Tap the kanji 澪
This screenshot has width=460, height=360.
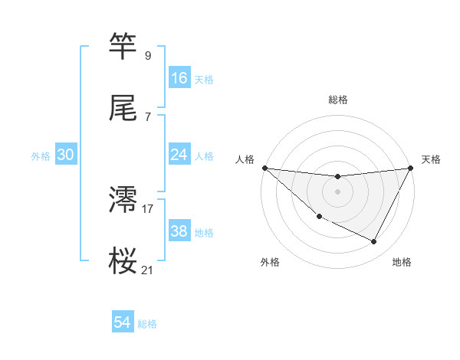123,199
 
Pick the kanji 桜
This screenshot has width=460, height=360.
123,260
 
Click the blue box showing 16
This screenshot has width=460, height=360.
179,77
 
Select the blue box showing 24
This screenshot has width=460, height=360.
179,155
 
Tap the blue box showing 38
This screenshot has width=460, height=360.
179,231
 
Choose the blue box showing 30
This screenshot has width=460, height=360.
66,155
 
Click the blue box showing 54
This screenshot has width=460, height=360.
122,323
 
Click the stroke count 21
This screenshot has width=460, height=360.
147,270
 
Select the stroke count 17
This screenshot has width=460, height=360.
148,208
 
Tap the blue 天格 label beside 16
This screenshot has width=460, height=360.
203,79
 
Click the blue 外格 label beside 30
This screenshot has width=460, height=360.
41,156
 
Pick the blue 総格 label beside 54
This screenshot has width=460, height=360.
147,325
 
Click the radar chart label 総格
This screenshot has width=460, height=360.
337,100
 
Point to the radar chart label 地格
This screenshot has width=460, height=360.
402,263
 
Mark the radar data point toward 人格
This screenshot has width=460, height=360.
264,168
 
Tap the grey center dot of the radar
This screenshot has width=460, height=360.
337,191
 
